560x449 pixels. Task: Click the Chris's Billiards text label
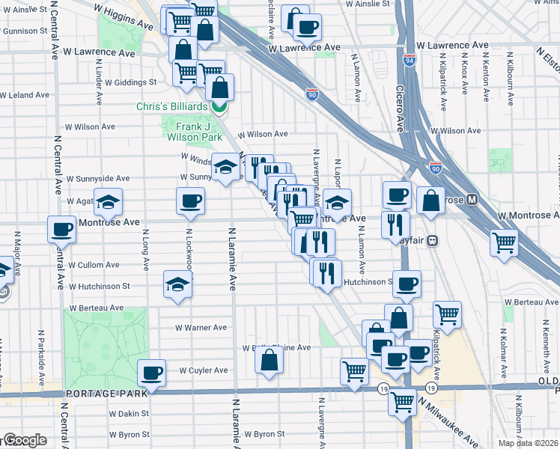[x=171, y=107]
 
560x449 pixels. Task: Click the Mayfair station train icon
[x=443, y=241]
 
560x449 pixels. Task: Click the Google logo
[x=25, y=440]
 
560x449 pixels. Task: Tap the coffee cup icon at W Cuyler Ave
[x=151, y=373]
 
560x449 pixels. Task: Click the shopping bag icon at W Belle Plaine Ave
[x=269, y=360]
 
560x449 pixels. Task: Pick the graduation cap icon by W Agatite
[x=108, y=202]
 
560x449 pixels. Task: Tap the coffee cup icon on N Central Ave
[x=61, y=229]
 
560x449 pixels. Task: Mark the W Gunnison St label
[x=29, y=31]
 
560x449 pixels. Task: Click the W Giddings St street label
[x=130, y=82]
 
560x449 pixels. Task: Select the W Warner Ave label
[x=201, y=327]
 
